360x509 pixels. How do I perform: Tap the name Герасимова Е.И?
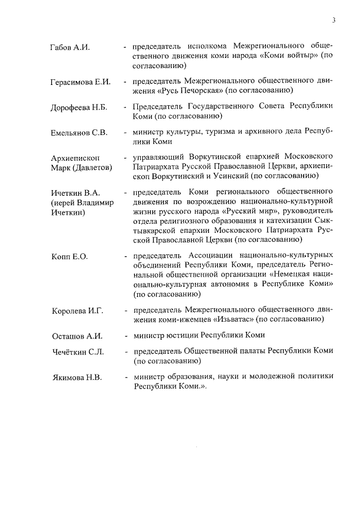(80, 82)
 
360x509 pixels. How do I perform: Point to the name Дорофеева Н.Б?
(78, 107)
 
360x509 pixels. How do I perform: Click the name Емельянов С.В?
(78, 133)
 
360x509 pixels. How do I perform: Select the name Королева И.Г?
(78, 310)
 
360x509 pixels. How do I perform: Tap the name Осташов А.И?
(76, 336)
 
